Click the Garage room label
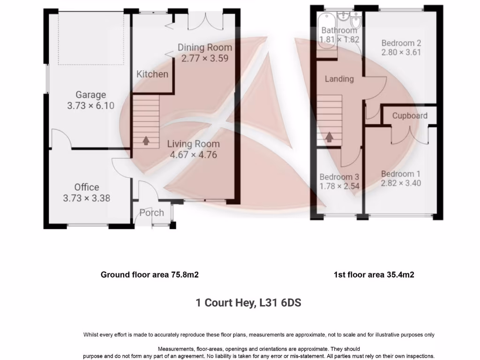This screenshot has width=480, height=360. pos(90,95)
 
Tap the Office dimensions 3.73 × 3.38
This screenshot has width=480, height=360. pos(87,198)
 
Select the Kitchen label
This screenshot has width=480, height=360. pos(152,74)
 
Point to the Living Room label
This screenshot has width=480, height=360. pos(193,144)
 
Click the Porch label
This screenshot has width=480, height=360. pos(151,213)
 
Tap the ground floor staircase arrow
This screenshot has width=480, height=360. pos(145,139)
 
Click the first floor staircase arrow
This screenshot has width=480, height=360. pos(330,136)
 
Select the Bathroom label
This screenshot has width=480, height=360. pos(339,31)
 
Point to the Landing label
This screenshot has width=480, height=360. pos(339,79)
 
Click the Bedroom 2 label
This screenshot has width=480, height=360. pos(401,43)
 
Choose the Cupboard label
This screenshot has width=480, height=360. pos(410,116)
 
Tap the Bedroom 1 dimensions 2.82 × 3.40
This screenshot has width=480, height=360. pos(401,183)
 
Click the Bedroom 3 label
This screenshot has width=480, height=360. pos(339,177)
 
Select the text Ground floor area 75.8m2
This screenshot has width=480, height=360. pos(150,275)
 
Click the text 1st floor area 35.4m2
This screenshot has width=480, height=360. pos(374,275)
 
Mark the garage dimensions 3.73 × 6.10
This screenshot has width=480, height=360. pos(90,106)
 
